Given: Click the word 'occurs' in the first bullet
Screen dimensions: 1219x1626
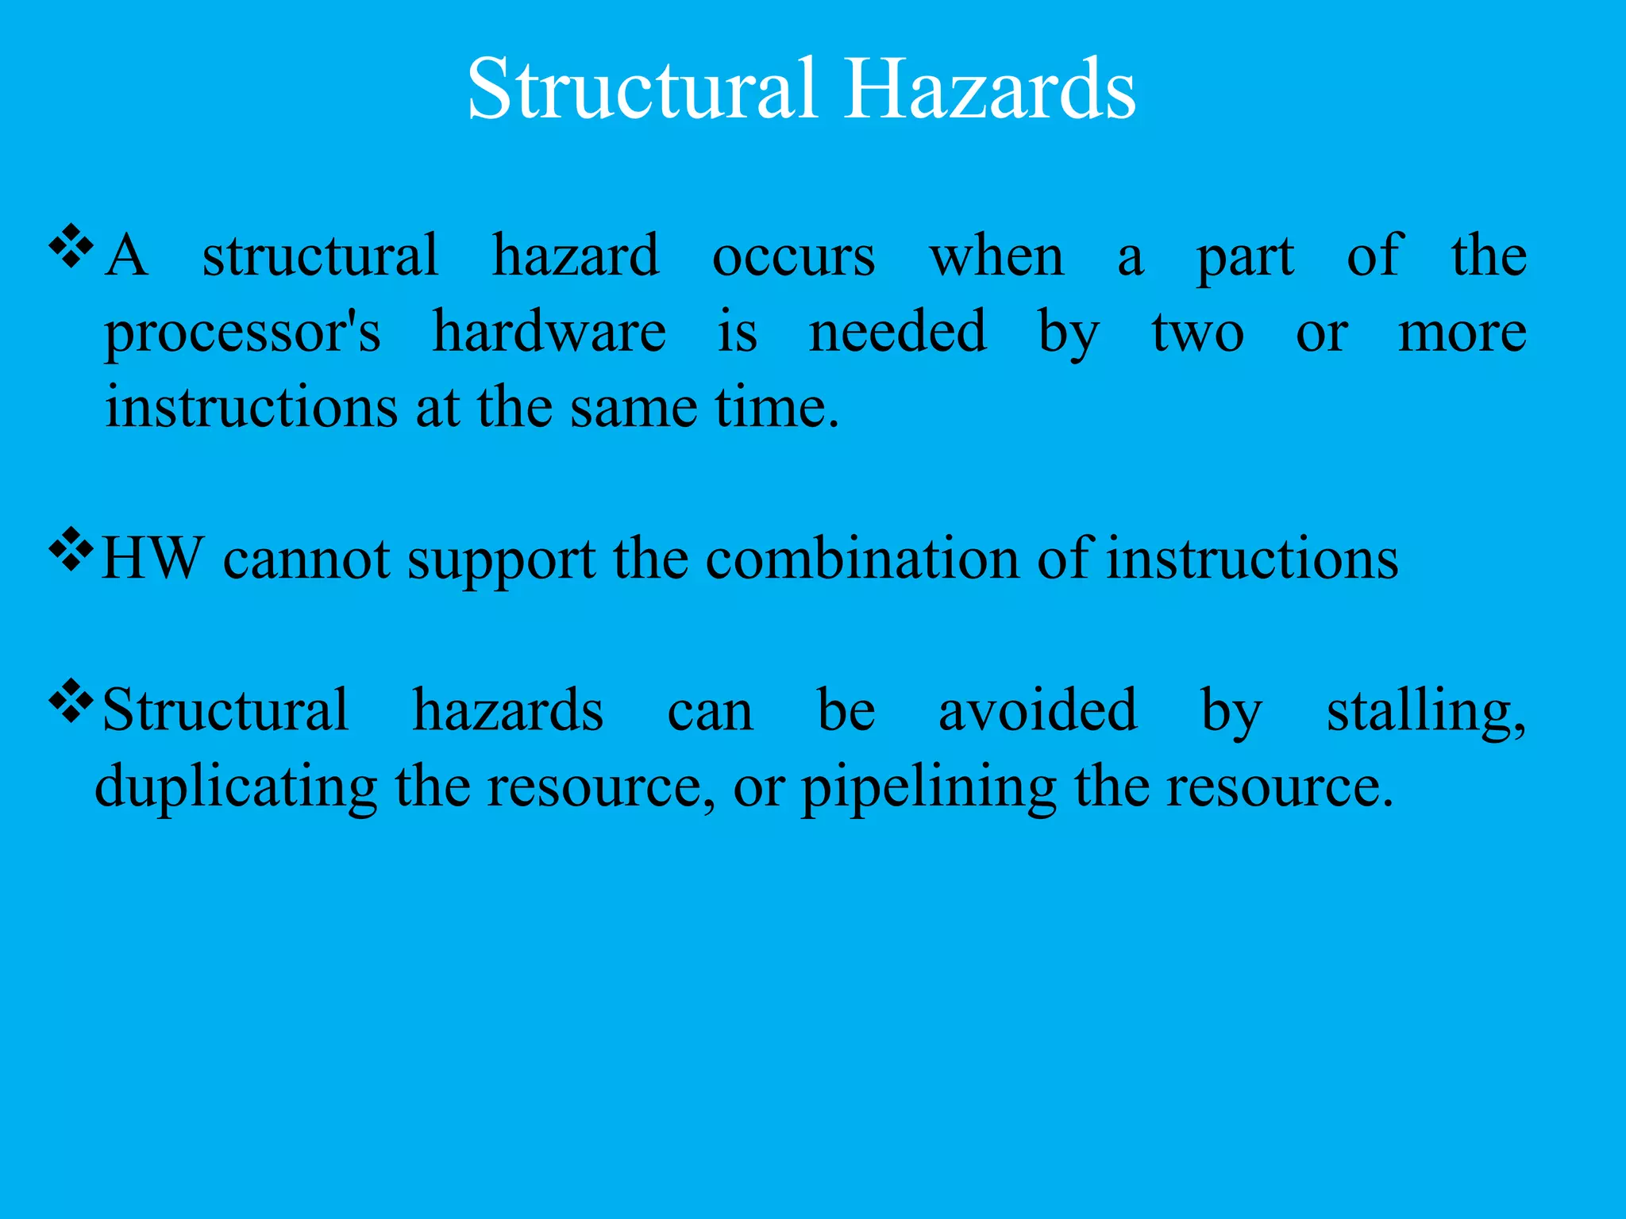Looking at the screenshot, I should point(793,257).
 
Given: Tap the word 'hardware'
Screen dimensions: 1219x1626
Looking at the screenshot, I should point(549,332).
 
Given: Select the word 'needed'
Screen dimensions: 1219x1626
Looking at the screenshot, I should point(897,332).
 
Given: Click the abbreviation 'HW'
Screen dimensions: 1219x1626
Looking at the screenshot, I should point(152,559).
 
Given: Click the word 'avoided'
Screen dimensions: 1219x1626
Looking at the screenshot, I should point(1037,710).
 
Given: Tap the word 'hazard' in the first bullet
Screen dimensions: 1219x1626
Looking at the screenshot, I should point(575,256).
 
